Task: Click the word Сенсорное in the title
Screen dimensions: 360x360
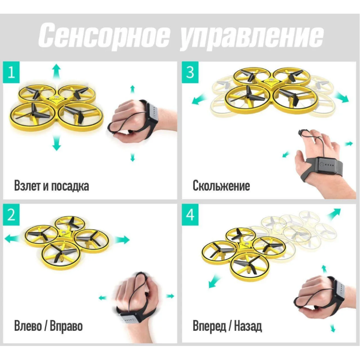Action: point(104,35)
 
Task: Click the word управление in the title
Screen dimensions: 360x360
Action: point(251,37)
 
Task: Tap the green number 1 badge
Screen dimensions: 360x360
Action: point(11,72)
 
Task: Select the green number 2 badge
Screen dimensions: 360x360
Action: point(11,215)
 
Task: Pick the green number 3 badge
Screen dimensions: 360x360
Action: point(190,72)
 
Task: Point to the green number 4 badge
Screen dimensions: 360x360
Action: point(190,215)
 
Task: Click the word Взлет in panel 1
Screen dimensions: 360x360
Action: point(28,185)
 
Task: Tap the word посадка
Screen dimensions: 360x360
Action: point(70,186)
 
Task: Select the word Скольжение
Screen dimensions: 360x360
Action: point(221,185)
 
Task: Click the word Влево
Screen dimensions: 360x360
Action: point(28,326)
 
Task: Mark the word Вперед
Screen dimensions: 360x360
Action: point(209,326)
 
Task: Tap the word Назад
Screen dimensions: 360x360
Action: point(248,326)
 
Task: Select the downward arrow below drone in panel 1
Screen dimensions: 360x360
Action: point(56,143)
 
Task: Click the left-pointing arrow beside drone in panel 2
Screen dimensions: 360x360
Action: point(12,239)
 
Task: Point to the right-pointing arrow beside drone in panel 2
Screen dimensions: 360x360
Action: point(122,240)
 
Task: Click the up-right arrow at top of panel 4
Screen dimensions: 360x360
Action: point(334,214)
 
